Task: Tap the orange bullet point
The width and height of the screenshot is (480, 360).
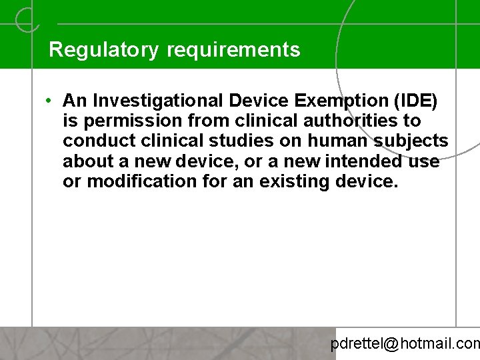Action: tap(50, 101)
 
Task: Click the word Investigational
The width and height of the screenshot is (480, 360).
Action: tap(160, 101)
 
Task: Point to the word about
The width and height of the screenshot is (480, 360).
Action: tap(87, 161)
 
